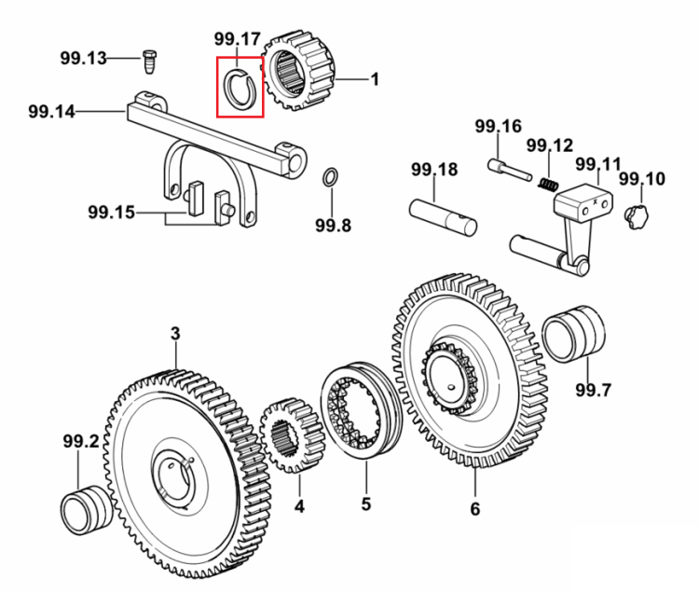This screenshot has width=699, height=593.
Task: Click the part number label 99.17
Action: coord(237,39)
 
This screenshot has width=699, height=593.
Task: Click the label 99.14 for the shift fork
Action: coord(51,112)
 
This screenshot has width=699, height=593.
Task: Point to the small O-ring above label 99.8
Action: coord(330,176)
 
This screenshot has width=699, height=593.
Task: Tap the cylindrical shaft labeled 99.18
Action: coord(443,217)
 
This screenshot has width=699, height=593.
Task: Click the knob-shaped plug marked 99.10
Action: coord(637,217)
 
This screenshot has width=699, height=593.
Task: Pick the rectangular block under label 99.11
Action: coord(583,203)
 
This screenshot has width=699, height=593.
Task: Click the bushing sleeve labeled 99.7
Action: coord(574,334)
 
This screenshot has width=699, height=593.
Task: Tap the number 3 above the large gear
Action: coord(175,334)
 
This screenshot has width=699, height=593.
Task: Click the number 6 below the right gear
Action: coord(475,509)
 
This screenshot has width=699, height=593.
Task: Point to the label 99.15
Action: coord(111,213)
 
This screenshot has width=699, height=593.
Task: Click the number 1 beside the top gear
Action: coord(375,79)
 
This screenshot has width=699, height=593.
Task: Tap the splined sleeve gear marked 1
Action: coord(297,72)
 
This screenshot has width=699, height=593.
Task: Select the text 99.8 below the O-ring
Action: coord(333,225)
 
